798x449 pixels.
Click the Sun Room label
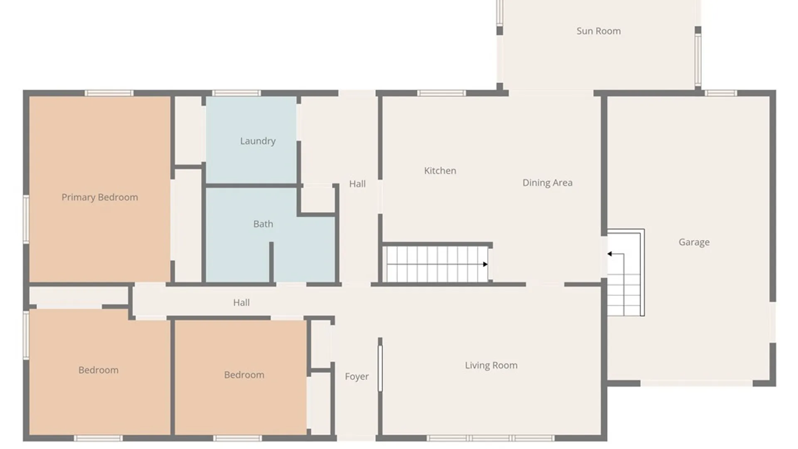point(598,31)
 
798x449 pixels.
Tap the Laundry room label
point(258,141)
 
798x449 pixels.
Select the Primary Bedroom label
point(100,197)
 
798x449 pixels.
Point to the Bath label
point(263,224)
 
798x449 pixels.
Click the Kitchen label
point(440,171)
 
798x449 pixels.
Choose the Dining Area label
point(547,183)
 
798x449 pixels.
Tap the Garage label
point(694,242)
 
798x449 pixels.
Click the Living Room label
point(491,365)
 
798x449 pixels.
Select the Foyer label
point(357,377)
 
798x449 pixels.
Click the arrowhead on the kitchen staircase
point(485,264)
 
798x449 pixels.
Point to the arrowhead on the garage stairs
point(609,254)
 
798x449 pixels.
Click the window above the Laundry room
point(236,93)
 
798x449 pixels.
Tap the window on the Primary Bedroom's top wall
point(109,93)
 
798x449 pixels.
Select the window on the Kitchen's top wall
point(441,93)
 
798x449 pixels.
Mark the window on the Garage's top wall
point(721,93)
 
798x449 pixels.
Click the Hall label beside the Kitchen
point(357,184)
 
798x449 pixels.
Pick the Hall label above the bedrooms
point(241,303)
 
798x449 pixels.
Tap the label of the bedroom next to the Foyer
point(244,375)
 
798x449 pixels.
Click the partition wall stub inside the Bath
point(271,262)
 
